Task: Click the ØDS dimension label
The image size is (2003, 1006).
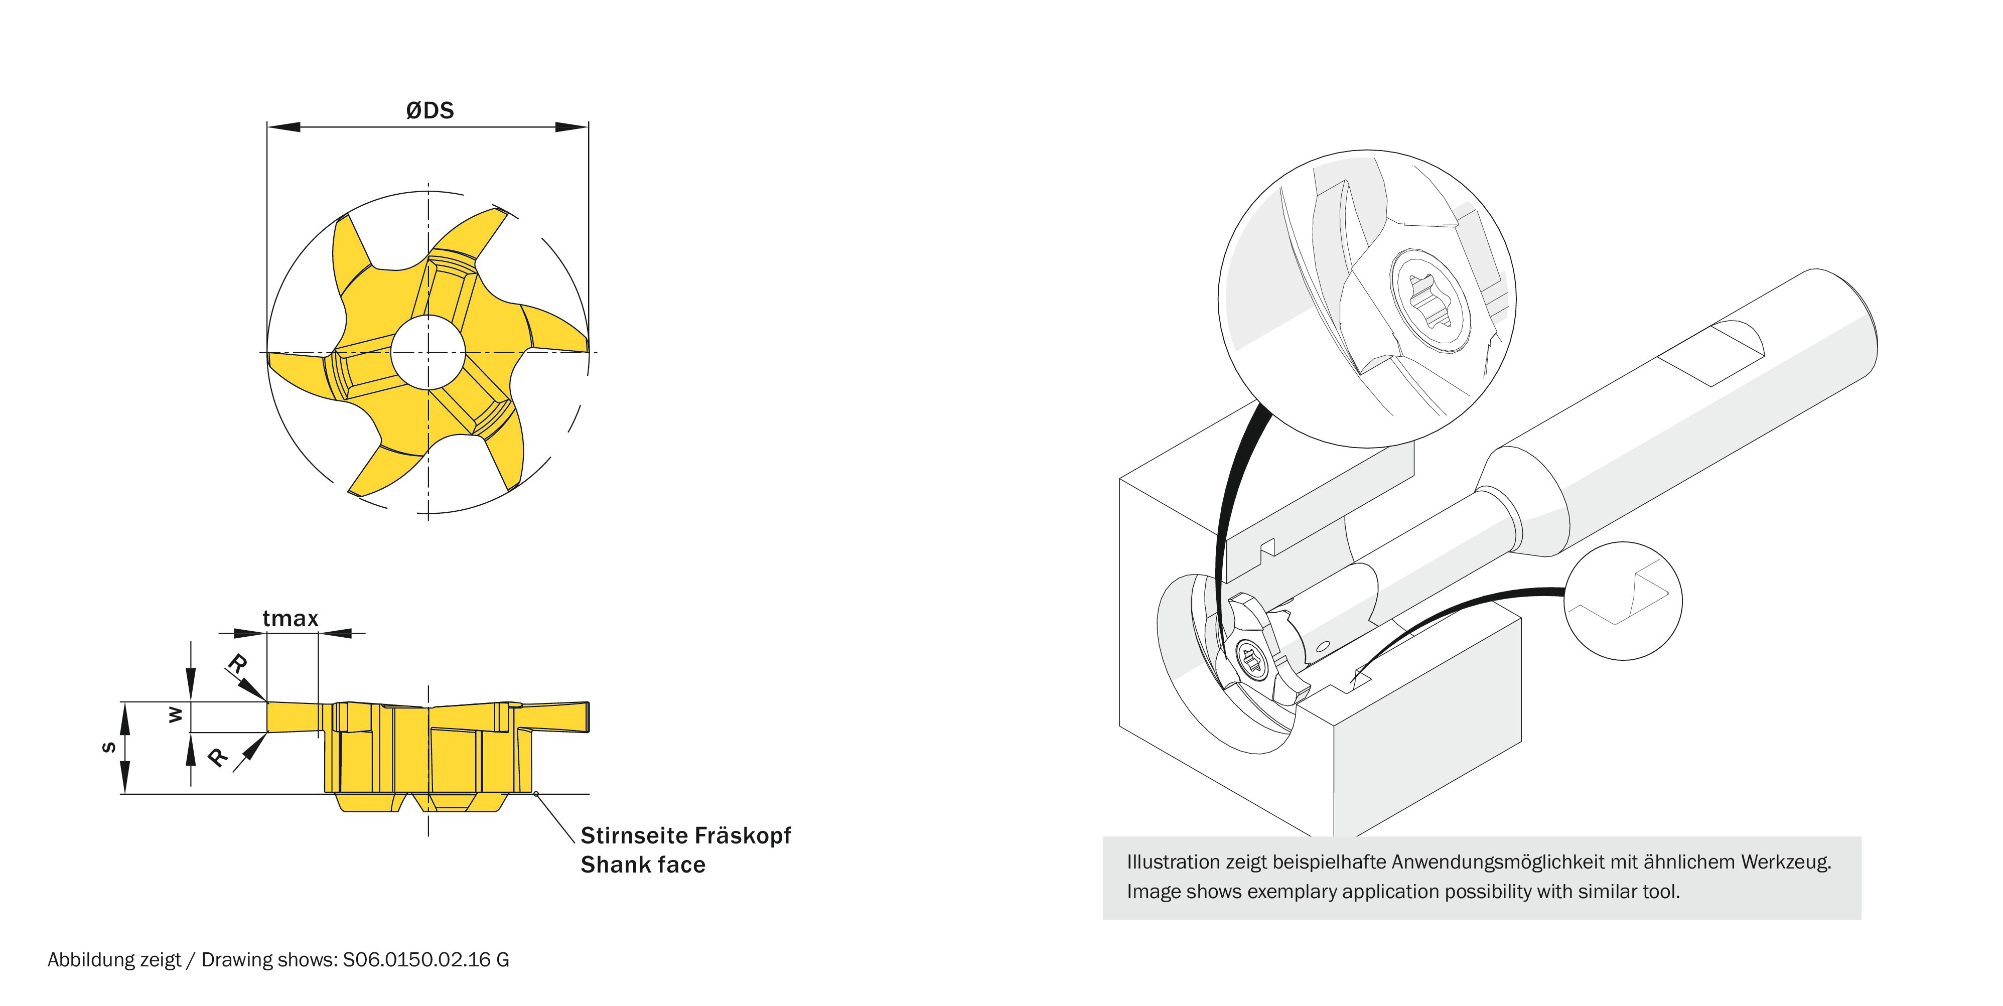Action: pyautogui.click(x=429, y=110)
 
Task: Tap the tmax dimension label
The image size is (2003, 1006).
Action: pyautogui.click(x=290, y=619)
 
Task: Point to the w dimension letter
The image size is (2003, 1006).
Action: pyautogui.click(x=176, y=714)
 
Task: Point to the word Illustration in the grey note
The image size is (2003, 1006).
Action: pyautogui.click(x=1173, y=861)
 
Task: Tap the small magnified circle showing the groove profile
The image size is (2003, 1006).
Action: pyautogui.click(x=1622, y=601)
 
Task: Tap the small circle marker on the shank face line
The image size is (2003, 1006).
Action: pyautogui.click(x=536, y=794)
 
